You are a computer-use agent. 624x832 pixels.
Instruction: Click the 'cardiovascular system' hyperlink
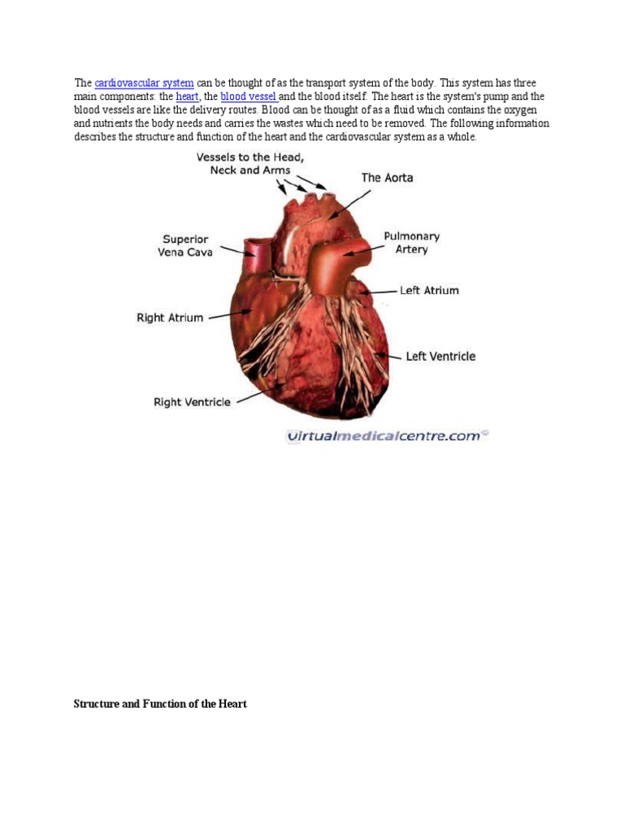(144, 83)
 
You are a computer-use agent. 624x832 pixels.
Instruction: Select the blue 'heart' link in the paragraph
(187, 97)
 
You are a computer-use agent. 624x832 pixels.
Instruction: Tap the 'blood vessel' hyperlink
(249, 97)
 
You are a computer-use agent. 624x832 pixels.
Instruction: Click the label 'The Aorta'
(387, 177)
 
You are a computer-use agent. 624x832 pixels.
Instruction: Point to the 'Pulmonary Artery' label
(411, 243)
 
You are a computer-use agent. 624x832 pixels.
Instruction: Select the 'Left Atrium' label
(429, 290)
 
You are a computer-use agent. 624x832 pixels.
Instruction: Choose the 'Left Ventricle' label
(440, 356)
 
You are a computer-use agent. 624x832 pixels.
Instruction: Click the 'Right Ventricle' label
(192, 401)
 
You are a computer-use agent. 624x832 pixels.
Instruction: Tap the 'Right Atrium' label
(170, 318)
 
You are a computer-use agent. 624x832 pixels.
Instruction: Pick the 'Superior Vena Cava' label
(186, 245)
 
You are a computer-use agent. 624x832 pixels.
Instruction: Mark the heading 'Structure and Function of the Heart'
(160, 704)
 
